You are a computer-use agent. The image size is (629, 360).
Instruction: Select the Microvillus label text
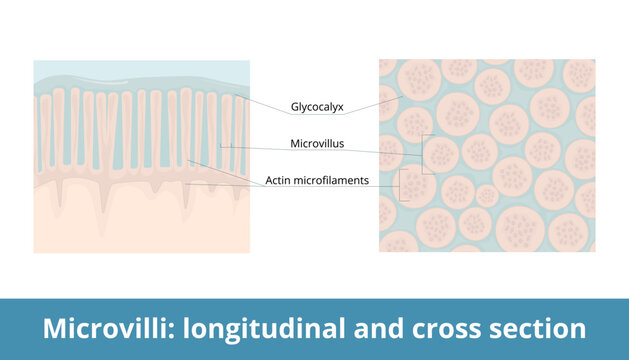click(x=317, y=144)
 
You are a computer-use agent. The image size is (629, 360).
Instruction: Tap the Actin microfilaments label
click(x=317, y=181)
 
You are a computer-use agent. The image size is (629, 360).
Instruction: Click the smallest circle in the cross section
click(x=486, y=195)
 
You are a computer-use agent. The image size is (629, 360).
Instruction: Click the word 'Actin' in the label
click(x=280, y=181)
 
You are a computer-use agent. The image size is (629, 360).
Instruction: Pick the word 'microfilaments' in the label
click(x=333, y=181)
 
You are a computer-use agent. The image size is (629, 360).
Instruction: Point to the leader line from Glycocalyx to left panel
click(x=262, y=103)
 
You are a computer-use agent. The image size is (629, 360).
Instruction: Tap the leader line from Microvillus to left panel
click(x=255, y=146)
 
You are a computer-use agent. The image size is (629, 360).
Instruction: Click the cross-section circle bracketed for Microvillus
click(x=442, y=153)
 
